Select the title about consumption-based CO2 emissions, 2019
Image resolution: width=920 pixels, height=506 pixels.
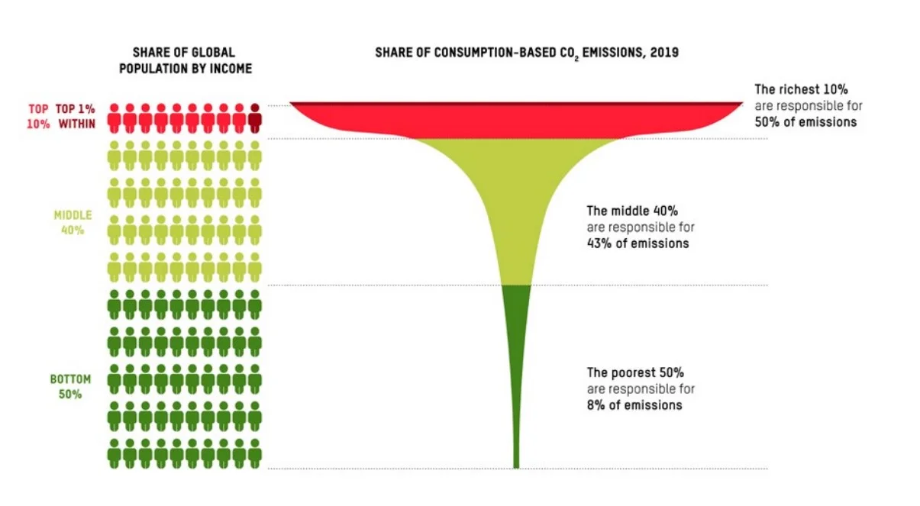coord(527,53)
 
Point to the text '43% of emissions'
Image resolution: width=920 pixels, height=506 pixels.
coord(638,243)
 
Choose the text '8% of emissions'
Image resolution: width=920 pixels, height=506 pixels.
coord(634,405)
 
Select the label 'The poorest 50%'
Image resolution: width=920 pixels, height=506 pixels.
coord(634,373)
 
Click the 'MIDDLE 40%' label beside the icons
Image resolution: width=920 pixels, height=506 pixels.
coord(73,223)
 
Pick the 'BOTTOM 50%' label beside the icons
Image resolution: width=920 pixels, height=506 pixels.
coord(71,386)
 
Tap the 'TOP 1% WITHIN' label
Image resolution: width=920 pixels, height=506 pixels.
coord(76,116)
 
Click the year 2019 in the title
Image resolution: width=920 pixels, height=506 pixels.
coord(664,53)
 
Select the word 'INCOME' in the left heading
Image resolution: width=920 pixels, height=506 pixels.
coord(231,68)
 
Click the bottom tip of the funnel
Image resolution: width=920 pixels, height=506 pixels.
coord(516,465)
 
